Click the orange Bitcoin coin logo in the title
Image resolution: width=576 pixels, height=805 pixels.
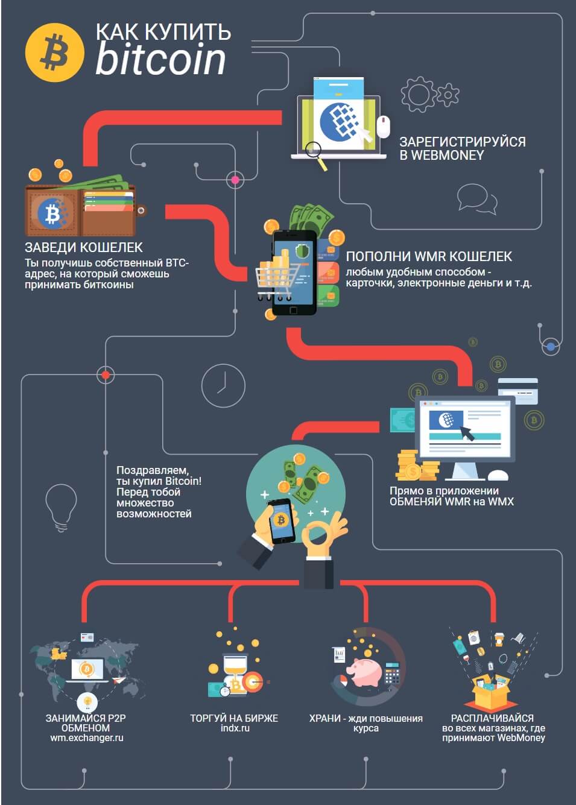[x=55, y=52]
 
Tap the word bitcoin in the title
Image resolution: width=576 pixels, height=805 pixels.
[x=160, y=58]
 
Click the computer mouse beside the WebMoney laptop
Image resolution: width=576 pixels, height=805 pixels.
[x=383, y=127]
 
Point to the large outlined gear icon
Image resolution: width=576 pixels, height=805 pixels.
[x=419, y=94]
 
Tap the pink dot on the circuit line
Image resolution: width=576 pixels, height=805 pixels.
[x=235, y=180]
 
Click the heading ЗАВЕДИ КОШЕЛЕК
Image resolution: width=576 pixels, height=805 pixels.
[x=84, y=247]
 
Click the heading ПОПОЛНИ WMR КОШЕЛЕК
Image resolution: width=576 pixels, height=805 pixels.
[x=429, y=256]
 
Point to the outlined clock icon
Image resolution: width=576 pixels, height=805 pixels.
[x=223, y=385]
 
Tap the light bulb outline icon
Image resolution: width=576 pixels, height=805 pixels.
[x=61, y=508]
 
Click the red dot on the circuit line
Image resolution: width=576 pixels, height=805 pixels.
[x=106, y=375]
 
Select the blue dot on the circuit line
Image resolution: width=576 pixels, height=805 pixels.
[x=551, y=347]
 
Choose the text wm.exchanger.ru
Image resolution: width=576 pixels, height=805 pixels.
[x=87, y=738]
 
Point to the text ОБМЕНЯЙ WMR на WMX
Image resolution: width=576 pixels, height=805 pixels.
[x=452, y=501]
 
